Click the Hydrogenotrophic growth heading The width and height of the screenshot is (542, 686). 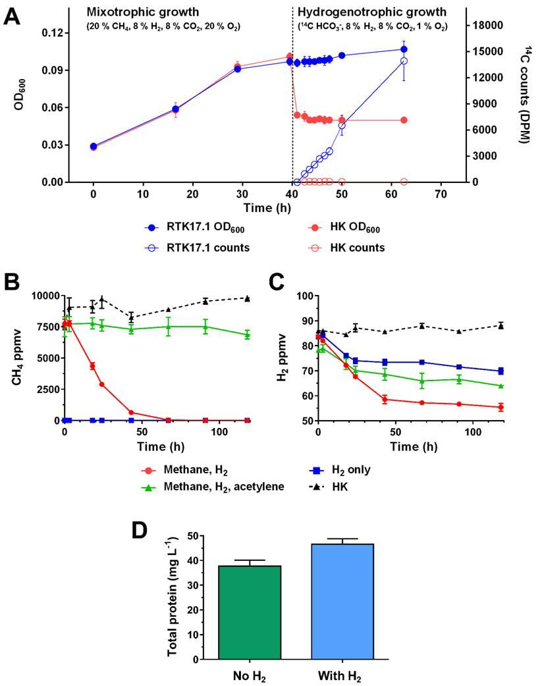371,12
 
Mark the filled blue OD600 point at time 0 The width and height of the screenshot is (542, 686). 94,146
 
